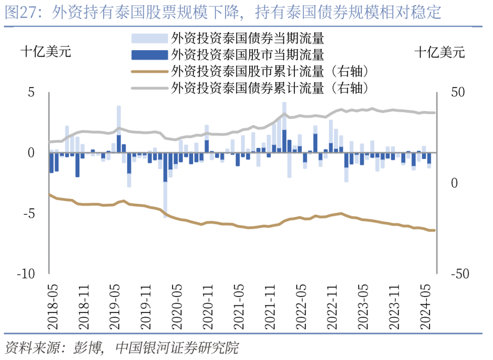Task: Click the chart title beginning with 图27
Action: click(x=223, y=12)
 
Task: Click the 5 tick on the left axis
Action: click(x=31, y=92)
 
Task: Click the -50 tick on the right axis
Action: click(x=461, y=274)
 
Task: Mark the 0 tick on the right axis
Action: click(x=455, y=183)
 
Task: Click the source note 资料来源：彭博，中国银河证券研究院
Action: click(x=121, y=348)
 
